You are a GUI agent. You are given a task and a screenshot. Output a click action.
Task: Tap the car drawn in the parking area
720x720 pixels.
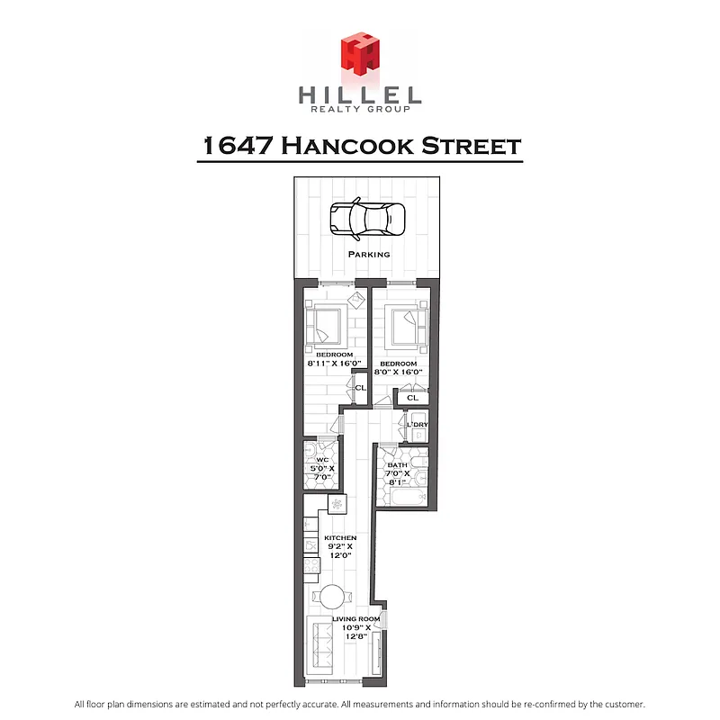click(367, 220)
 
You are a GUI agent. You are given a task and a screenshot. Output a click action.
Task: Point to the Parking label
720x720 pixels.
click(369, 255)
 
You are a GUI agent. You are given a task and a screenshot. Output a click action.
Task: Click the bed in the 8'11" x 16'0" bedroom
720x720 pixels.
click(325, 327)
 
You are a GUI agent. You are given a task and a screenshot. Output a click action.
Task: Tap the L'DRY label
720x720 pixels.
click(417, 424)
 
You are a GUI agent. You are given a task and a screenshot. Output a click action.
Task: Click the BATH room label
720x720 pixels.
click(398, 465)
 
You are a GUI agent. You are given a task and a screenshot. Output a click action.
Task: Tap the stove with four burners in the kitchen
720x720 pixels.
click(336, 504)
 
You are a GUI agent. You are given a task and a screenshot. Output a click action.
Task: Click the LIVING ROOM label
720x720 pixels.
click(355, 619)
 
